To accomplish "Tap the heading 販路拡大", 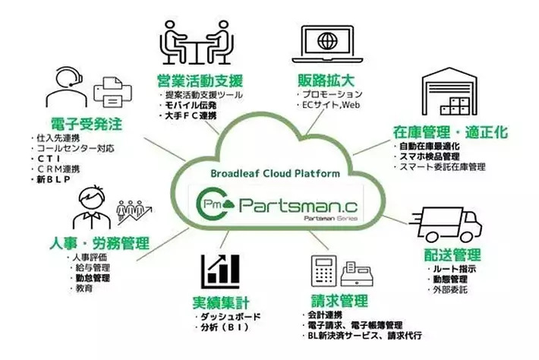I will coord(324,80).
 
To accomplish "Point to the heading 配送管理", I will coord(453,254).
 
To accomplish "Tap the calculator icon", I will coord(323,270).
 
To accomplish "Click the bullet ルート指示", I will coord(451,268).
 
